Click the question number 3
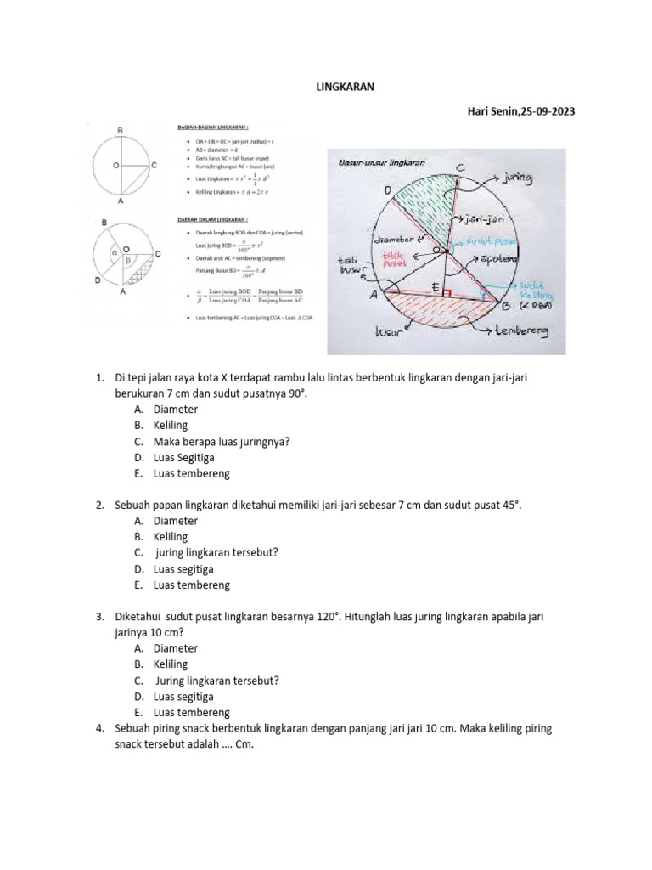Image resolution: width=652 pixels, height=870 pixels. [99, 617]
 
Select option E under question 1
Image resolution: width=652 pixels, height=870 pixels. [138, 473]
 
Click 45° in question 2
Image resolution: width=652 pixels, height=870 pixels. [508, 505]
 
